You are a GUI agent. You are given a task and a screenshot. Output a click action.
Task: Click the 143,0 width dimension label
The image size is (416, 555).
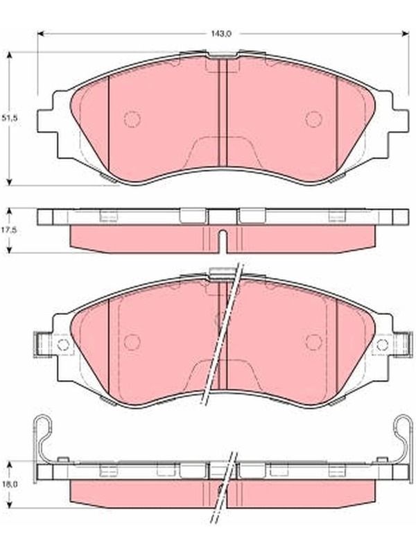click(x=221, y=34)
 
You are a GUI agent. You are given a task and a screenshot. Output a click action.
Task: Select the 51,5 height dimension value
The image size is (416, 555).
click(x=10, y=118)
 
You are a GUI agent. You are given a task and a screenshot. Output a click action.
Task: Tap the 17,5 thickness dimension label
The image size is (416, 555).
click(x=10, y=230)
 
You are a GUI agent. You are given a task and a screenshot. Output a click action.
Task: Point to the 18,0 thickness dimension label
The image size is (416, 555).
click(x=10, y=484)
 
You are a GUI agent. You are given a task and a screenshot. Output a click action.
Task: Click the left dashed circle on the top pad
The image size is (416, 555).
click(x=132, y=119)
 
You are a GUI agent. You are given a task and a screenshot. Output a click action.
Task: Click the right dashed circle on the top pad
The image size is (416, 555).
click(x=314, y=119)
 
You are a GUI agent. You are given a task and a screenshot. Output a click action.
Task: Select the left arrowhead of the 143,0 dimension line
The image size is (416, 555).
click(x=40, y=34)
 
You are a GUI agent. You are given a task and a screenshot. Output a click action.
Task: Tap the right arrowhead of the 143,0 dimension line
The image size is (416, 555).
click(x=406, y=34)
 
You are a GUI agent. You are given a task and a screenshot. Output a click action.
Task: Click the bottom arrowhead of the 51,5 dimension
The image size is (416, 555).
click(x=10, y=182)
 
